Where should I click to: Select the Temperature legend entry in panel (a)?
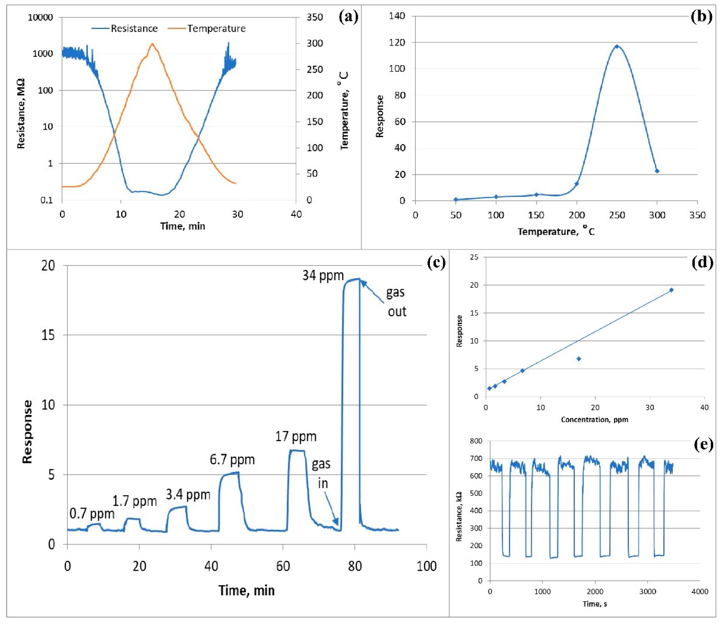coord(216,29)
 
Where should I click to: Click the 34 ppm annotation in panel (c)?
coord(323,276)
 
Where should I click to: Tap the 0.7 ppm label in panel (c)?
coord(92,514)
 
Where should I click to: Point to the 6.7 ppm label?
coord(232,460)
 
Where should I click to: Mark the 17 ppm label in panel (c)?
coord(296,436)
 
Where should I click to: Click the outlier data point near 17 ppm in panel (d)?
coord(579,359)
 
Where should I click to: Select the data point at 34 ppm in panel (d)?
coord(671,290)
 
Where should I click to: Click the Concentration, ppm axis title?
coord(594,420)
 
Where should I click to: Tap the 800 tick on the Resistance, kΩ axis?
coord(476,441)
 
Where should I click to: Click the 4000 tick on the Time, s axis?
coord(699,592)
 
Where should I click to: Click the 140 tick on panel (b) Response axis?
coord(398,16)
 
